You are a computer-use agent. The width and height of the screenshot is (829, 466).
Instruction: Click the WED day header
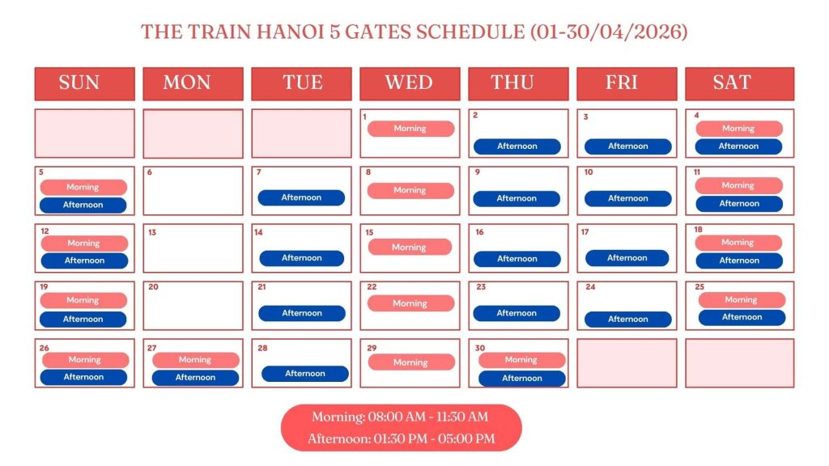410,83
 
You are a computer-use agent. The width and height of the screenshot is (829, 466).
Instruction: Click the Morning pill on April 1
410,129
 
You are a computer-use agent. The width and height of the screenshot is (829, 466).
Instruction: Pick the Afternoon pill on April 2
517,146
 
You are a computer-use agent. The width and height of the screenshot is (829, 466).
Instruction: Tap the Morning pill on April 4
738,129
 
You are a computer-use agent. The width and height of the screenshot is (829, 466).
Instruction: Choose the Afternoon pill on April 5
83,205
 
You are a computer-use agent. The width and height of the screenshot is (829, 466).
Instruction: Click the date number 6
150,172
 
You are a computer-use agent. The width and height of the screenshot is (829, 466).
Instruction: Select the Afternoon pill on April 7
301,197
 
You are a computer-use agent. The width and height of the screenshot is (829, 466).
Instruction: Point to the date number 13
152,233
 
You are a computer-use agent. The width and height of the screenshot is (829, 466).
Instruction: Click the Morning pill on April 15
409,248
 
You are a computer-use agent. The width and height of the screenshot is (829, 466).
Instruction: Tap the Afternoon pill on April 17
627,258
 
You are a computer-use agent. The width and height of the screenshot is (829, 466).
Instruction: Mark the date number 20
153,287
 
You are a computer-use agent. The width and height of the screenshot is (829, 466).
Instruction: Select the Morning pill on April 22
410,303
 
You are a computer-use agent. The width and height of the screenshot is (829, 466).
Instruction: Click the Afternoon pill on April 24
628,320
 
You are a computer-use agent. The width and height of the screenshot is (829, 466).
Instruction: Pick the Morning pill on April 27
195,360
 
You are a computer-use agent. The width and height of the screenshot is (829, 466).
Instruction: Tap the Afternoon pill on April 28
305,374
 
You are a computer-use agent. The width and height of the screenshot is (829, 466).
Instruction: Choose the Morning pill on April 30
521,360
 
